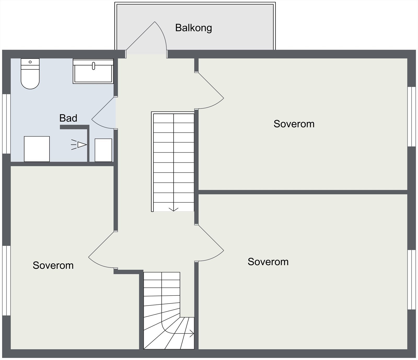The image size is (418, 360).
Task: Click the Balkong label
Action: pos(193,28)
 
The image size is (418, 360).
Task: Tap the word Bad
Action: pos(68,118)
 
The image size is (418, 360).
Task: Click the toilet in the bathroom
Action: pos(30,74)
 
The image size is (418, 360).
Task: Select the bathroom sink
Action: pos(93,71)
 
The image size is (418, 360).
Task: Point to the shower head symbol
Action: pos(79,145)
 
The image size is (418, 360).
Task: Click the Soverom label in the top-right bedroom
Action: pos(294,124)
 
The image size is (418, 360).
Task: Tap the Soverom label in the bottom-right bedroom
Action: pos(268,262)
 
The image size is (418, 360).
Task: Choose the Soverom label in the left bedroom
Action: pos(53,265)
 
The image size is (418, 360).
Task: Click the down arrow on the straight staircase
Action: pos(173,209)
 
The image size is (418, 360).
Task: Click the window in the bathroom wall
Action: pos(7,124)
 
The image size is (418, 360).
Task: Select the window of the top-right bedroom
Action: pos(411,116)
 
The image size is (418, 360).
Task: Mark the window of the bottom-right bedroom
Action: pos(411,280)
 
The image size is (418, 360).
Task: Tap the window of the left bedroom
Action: pos(7,281)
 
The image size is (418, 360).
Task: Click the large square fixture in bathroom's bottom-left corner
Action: pos(37,149)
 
